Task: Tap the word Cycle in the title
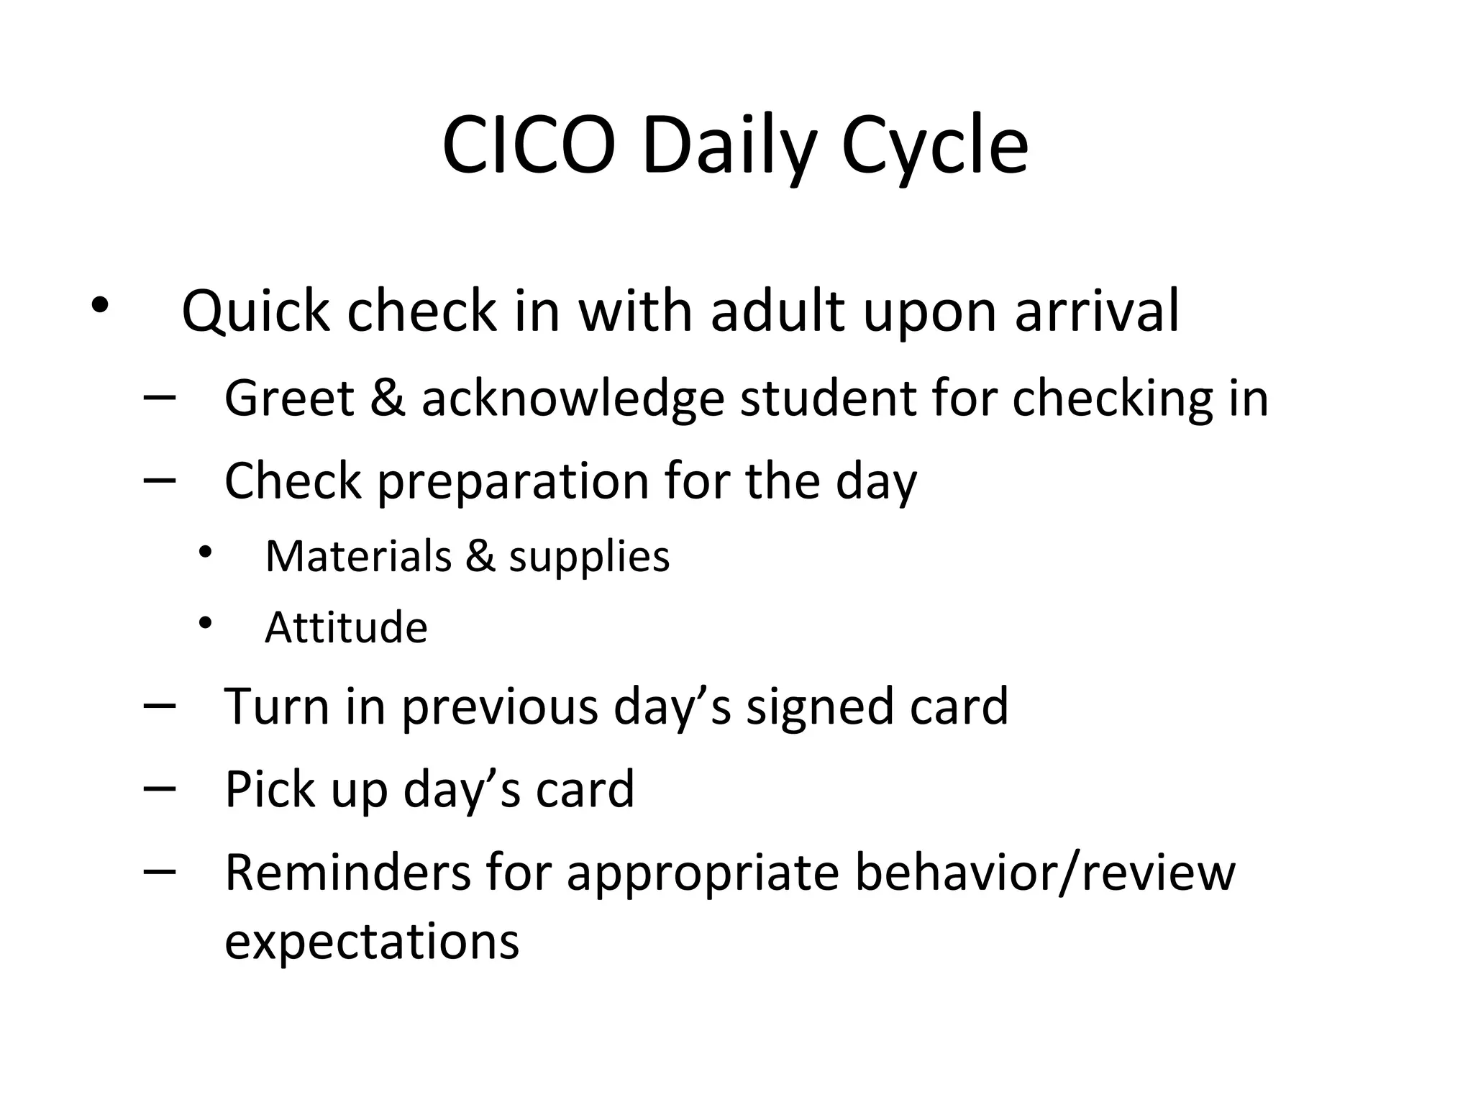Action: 934,146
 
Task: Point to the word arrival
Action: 1098,312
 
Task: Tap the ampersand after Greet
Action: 387,398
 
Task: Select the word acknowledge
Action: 573,398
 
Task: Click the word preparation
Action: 513,481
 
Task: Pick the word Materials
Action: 357,556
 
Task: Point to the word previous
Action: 499,707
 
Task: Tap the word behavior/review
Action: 1045,873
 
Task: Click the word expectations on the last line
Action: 372,942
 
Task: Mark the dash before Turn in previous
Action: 160,706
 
